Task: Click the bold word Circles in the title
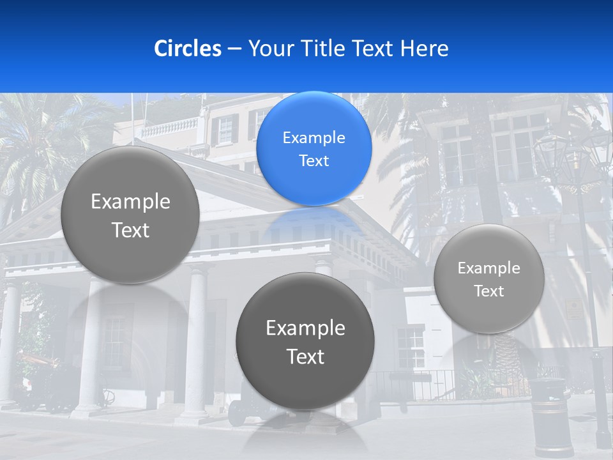click(x=187, y=49)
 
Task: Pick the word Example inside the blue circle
click(x=314, y=138)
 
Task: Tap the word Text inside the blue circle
click(x=314, y=161)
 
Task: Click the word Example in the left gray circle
click(x=130, y=202)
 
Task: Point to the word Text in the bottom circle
click(x=305, y=356)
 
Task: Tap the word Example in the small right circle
click(x=488, y=268)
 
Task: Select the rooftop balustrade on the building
click(x=169, y=128)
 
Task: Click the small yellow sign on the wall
click(x=575, y=309)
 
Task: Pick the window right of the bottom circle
click(x=410, y=348)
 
